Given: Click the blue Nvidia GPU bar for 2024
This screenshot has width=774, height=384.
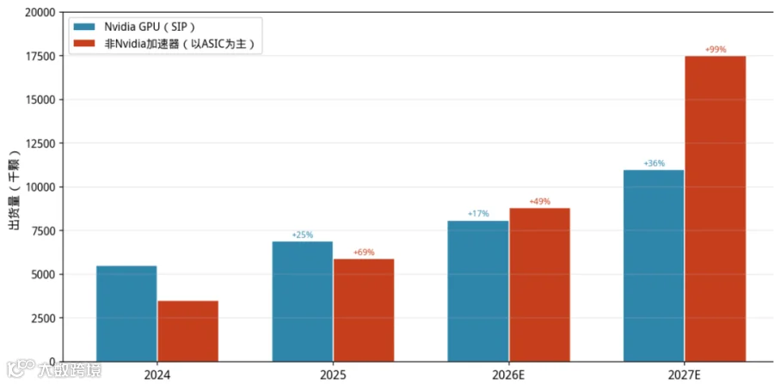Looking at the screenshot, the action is [126, 314].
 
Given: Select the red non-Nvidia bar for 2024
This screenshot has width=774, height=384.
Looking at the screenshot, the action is [188, 331].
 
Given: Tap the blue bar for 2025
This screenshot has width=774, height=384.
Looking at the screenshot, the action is [303, 302].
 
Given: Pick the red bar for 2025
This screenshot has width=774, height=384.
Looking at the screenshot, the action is [364, 310].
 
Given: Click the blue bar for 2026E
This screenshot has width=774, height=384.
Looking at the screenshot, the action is [478, 291].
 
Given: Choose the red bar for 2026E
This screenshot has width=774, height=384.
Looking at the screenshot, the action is [539, 284].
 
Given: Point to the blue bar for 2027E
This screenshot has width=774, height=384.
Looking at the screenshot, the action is [654, 265].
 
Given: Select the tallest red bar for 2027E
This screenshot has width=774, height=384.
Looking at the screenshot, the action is [716, 209].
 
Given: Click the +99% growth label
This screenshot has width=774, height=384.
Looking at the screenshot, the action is [716, 50].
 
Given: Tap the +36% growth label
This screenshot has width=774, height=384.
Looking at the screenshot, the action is [654, 164].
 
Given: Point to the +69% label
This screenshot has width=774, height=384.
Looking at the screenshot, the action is [364, 253].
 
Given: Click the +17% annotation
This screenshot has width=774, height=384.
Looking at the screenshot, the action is [478, 214].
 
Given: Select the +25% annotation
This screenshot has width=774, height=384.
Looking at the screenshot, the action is [303, 235].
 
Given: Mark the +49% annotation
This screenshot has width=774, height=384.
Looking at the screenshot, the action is [539, 202].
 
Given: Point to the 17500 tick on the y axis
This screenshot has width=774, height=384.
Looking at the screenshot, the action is [40, 56].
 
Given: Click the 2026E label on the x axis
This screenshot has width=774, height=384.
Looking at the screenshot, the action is [509, 375].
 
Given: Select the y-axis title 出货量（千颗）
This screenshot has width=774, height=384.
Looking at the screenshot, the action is [14, 187].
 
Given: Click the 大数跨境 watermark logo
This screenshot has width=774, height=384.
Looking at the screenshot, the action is [52, 370].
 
